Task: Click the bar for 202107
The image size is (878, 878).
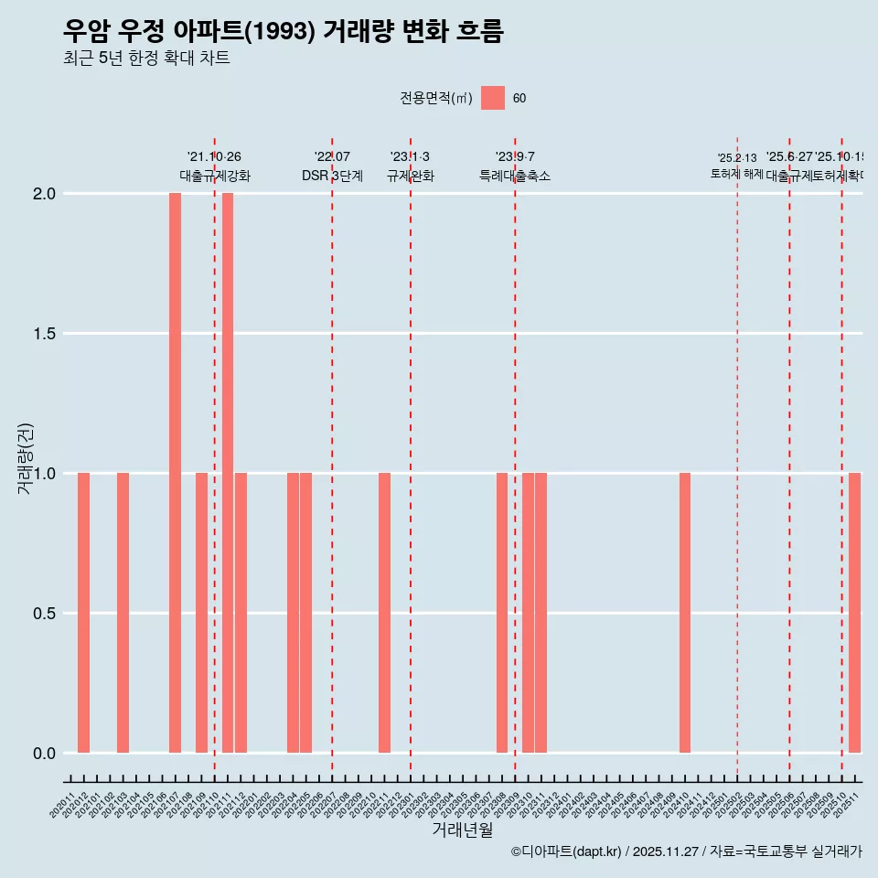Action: tap(175, 473)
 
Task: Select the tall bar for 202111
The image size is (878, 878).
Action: tap(228, 473)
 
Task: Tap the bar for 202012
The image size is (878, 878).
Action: tap(83, 613)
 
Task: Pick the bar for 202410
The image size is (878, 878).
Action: tap(685, 613)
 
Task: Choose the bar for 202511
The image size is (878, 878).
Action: tap(854, 613)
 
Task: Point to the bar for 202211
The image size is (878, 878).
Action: tap(384, 613)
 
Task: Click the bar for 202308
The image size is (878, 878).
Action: tap(502, 613)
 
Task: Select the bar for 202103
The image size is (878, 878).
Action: tap(123, 613)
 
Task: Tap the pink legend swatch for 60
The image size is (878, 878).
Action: tap(493, 98)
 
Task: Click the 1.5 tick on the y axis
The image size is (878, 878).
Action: tap(44, 334)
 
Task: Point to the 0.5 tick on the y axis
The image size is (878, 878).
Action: tap(44, 614)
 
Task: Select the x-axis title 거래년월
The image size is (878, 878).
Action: tap(462, 830)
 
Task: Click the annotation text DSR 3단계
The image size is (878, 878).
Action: tap(332, 176)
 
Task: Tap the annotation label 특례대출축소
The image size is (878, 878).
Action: tap(515, 176)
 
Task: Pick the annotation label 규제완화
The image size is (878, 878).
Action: tap(410, 176)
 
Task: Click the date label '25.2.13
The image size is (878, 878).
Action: tap(737, 158)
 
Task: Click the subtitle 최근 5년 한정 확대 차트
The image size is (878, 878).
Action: tap(146, 59)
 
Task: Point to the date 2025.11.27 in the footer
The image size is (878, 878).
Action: tap(666, 851)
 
